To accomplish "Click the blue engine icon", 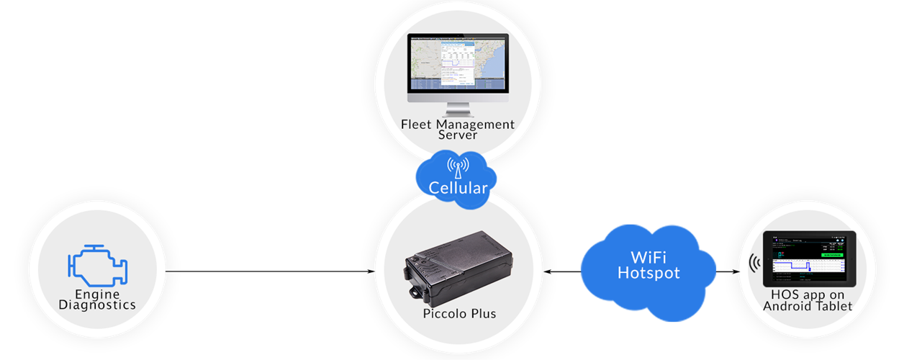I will point(97,266).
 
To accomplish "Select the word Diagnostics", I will point(97,305).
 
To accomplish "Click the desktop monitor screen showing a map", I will point(458,63).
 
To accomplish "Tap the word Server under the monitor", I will point(458,136).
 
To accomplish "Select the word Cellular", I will point(458,189).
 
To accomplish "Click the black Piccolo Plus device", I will point(456,266).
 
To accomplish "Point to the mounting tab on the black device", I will point(416,294).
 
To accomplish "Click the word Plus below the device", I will point(482,314).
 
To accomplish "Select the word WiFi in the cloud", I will point(649,258).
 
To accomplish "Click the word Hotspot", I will point(649,274).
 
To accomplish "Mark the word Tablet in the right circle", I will point(834,306).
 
